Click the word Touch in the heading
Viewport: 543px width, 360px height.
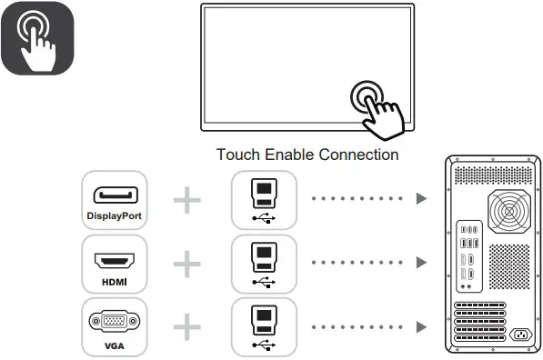coord(236,155)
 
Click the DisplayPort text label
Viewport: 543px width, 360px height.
coord(114,216)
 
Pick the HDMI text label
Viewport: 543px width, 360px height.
coord(114,281)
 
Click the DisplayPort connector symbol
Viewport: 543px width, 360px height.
coord(114,195)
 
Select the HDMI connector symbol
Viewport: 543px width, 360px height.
coord(114,261)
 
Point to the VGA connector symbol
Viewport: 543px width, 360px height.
coord(114,322)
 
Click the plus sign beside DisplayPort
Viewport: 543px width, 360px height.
coord(186,198)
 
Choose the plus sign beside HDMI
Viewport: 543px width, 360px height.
coord(186,264)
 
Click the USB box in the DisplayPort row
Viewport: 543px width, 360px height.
coord(264,198)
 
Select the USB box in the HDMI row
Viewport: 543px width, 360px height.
coord(264,264)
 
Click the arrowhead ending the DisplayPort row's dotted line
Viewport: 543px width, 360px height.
coord(421,198)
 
